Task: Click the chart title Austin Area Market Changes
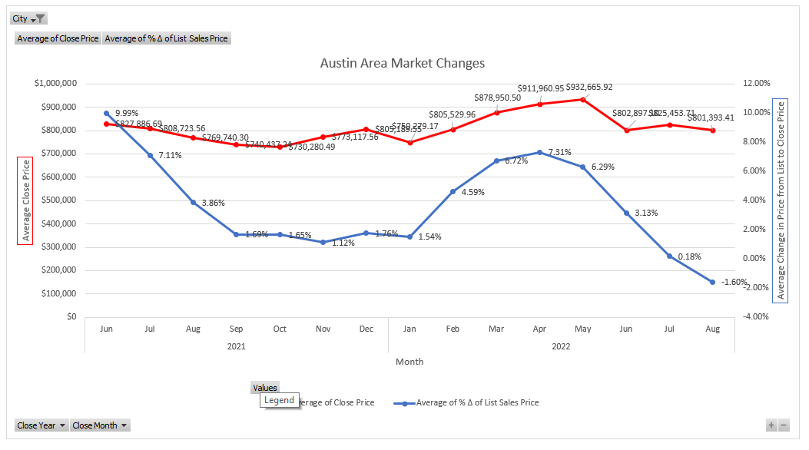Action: (x=402, y=63)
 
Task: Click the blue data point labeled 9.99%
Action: (x=107, y=113)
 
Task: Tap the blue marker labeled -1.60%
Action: (x=713, y=282)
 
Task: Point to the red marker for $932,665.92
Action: (x=583, y=99)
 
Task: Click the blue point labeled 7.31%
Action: (x=540, y=152)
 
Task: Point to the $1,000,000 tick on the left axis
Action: (x=55, y=84)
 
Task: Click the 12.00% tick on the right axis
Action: (x=757, y=84)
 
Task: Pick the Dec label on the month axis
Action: (x=366, y=329)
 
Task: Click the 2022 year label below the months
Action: (x=562, y=346)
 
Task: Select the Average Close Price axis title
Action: (x=26, y=200)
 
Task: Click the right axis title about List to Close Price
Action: (x=781, y=200)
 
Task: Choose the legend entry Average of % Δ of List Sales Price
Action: (x=476, y=402)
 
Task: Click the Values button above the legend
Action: (x=265, y=388)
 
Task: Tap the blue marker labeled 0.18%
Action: (x=669, y=256)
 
